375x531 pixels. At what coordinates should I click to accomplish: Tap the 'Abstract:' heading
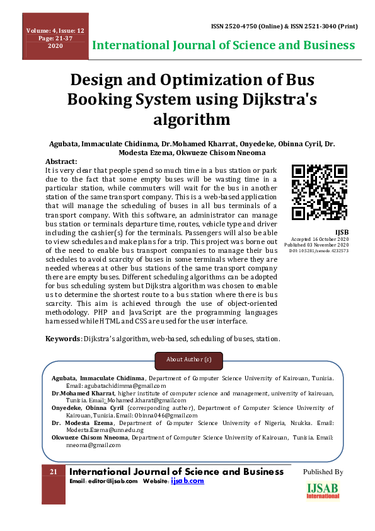[x=62, y=162]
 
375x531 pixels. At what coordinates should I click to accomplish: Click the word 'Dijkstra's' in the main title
[x=272, y=100]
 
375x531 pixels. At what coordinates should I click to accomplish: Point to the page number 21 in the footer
[x=54, y=472]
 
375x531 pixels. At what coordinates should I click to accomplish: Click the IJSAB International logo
[x=323, y=491]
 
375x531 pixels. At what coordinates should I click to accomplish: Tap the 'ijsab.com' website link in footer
[x=188, y=481]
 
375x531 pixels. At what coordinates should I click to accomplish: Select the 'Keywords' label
[x=63, y=339]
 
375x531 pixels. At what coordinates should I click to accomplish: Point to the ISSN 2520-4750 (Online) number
[x=242, y=27]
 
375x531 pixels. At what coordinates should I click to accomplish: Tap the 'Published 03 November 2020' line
[x=320, y=245]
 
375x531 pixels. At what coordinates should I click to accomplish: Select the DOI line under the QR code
[x=320, y=251]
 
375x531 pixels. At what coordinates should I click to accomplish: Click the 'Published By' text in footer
[x=323, y=472]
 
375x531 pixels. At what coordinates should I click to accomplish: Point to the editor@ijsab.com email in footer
[x=113, y=481]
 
